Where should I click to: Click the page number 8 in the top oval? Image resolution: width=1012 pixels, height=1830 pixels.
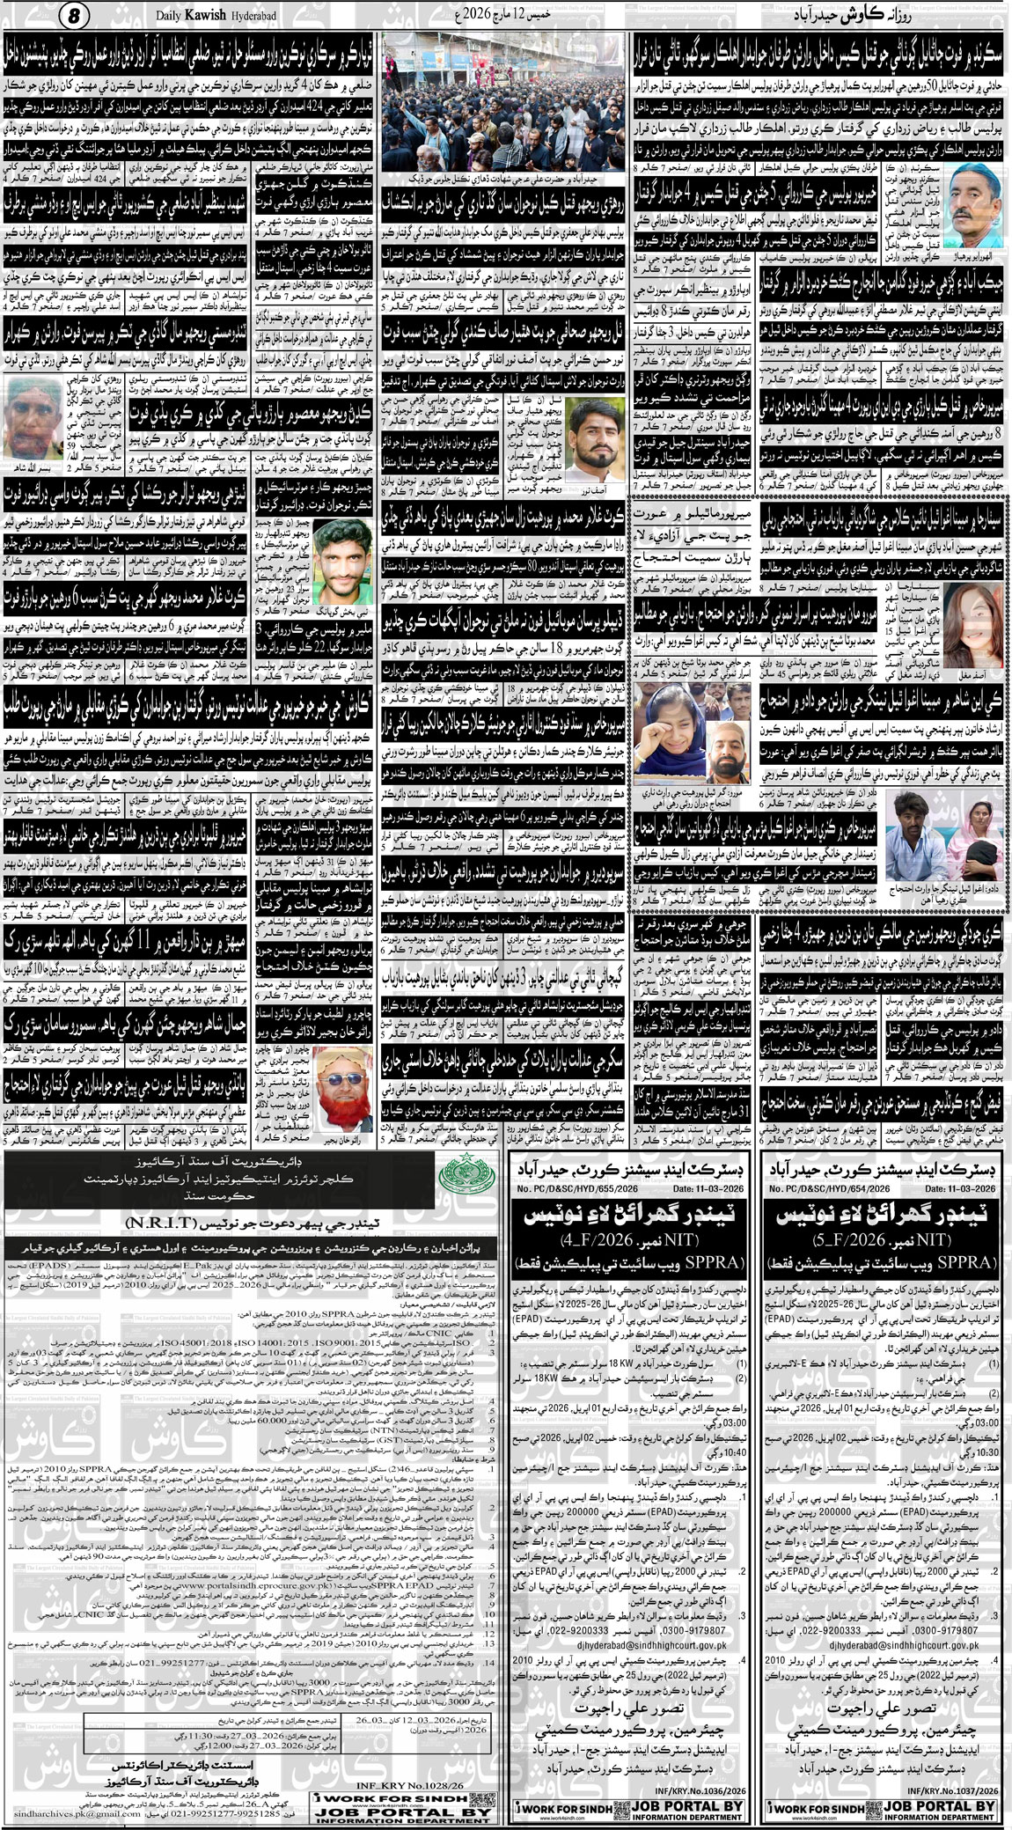(x=75, y=16)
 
